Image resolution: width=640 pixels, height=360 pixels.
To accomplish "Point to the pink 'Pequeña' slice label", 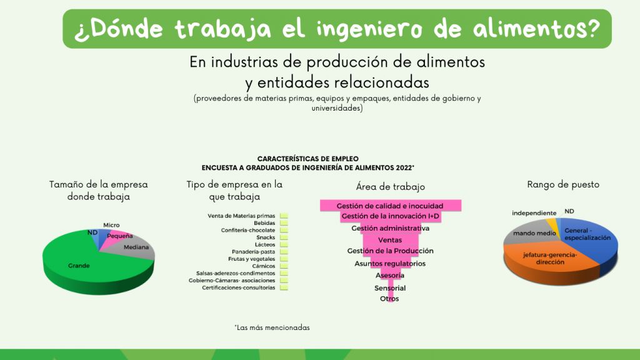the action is pyautogui.click(x=119, y=236).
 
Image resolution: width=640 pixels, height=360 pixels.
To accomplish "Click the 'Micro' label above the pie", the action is pyautogui.click(x=111, y=225).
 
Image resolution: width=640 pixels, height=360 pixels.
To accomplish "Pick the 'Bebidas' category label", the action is pyautogui.click(x=264, y=223).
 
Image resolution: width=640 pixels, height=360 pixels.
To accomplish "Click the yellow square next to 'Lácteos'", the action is pyautogui.click(x=284, y=244).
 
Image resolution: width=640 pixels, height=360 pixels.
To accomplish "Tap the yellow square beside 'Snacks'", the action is pyautogui.click(x=284, y=237).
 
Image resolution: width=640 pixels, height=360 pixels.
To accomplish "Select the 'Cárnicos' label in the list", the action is pyautogui.click(x=264, y=266).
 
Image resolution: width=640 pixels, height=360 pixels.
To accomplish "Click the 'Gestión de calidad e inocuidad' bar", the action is pyautogui.click(x=391, y=206).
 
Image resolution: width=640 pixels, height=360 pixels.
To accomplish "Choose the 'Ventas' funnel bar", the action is pyautogui.click(x=390, y=240).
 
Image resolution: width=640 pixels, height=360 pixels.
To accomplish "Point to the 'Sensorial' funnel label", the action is pyautogui.click(x=390, y=288).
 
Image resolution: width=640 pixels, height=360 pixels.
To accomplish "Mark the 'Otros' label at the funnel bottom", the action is pyautogui.click(x=389, y=299).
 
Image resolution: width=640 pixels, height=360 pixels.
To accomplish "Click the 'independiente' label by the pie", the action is pyautogui.click(x=534, y=213).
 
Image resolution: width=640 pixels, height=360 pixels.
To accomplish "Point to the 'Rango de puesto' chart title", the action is pyautogui.click(x=563, y=184).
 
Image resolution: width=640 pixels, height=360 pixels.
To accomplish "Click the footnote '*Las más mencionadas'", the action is pyautogui.click(x=272, y=327).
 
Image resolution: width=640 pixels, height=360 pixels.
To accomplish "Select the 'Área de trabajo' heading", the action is pyautogui.click(x=390, y=187).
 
